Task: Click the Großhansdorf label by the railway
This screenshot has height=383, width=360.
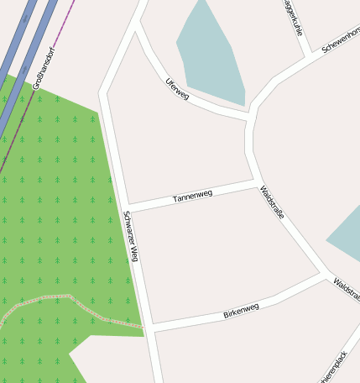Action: click(44, 68)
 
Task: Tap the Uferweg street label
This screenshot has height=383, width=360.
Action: click(178, 90)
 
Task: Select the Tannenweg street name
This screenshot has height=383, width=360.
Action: click(192, 197)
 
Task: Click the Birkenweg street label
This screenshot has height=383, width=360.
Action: click(241, 312)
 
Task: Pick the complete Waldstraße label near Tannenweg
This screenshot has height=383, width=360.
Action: click(272, 202)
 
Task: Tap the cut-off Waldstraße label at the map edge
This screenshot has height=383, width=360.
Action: click(347, 289)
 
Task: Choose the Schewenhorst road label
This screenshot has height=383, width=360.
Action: click(341, 39)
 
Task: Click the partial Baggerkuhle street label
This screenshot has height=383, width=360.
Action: click(293, 17)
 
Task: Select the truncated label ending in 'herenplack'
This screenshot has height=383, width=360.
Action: click(333, 367)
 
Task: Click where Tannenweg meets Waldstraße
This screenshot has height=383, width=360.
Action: click(255, 183)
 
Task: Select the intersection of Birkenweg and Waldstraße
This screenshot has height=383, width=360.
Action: click(325, 275)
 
